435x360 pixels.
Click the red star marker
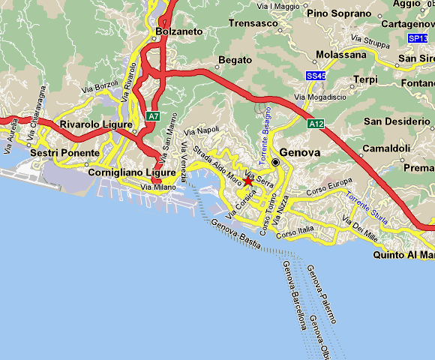(x=248, y=181)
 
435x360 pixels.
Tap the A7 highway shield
(x=153, y=116)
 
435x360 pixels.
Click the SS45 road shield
(x=316, y=76)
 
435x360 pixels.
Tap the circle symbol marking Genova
(x=275, y=161)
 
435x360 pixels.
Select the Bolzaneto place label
(x=179, y=31)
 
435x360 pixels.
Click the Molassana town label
(x=339, y=55)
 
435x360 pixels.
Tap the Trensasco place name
(x=256, y=23)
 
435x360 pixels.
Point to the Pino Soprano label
(x=340, y=13)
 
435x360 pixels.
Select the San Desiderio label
(x=394, y=121)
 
